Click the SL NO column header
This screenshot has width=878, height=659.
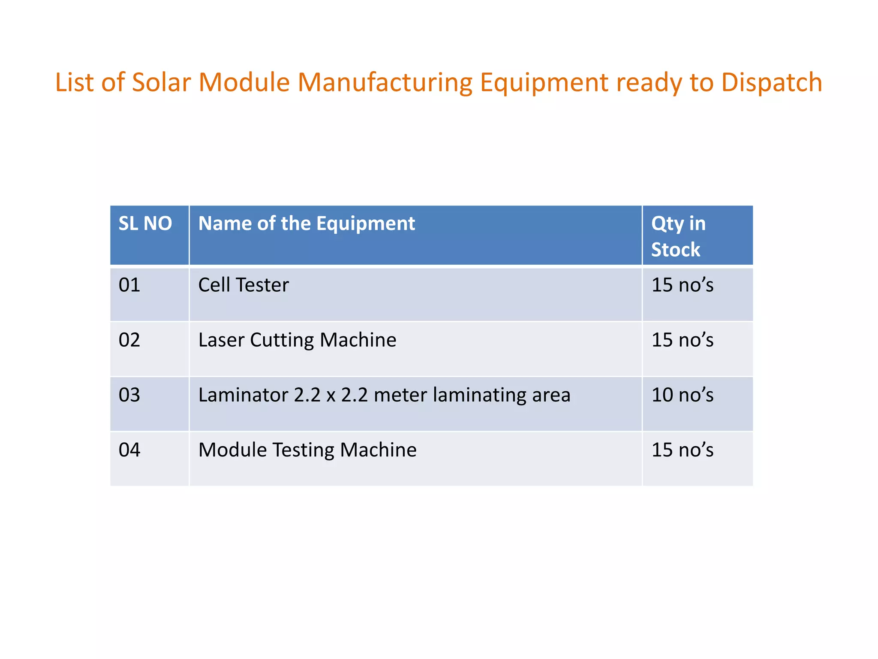(x=145, y=224)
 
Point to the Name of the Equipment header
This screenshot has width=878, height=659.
(x=307, y=224)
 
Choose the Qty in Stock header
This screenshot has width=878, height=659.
(x=678, y=236)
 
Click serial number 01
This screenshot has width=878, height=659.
(x=129, y=285)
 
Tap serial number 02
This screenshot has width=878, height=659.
(x=129, y=340)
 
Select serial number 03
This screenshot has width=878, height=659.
(x=129, y=395)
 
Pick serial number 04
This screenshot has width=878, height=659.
(x=129, y=450)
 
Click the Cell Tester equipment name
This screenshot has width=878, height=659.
(x=244, y=285)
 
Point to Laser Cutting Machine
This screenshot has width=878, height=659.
(x=297, y=340)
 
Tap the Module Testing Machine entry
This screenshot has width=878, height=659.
(x=307, y=450)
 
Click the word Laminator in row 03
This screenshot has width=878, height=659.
(x=243, y=395)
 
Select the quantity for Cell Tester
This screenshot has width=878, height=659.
(x=682, y=285)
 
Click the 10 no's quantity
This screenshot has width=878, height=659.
(x=682, y=395)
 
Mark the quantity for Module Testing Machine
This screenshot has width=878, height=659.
(x=682, y=450)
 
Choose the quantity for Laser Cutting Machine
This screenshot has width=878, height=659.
(x=682, y=340)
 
